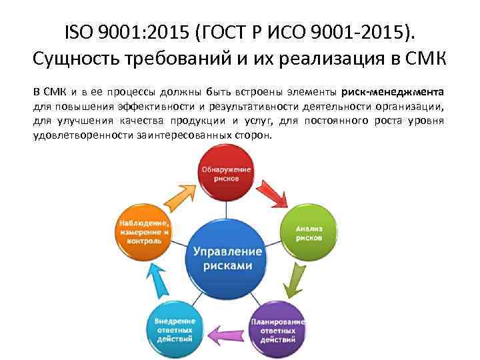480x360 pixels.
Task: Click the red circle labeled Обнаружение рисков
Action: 227,175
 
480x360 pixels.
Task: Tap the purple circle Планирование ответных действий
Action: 277,327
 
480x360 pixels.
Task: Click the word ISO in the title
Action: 81,31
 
